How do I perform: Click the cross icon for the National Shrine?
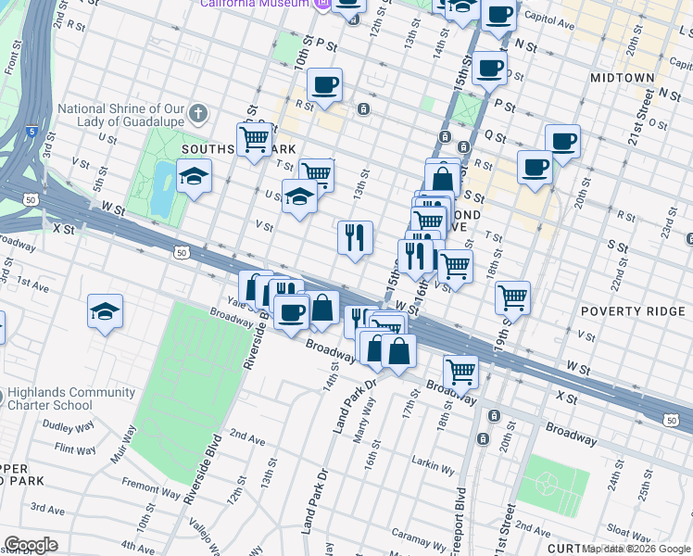click(x=196, y=115)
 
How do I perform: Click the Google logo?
click(x=31, y=545)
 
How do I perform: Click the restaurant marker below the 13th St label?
click(x=354, y=237)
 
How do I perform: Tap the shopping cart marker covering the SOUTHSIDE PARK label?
click(x=253, y=140)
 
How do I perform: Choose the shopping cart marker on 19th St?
click(x=512, y=297)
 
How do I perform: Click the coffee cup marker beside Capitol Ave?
click(x=498, y=16)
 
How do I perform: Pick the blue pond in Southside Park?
click(x=161, y=187)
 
